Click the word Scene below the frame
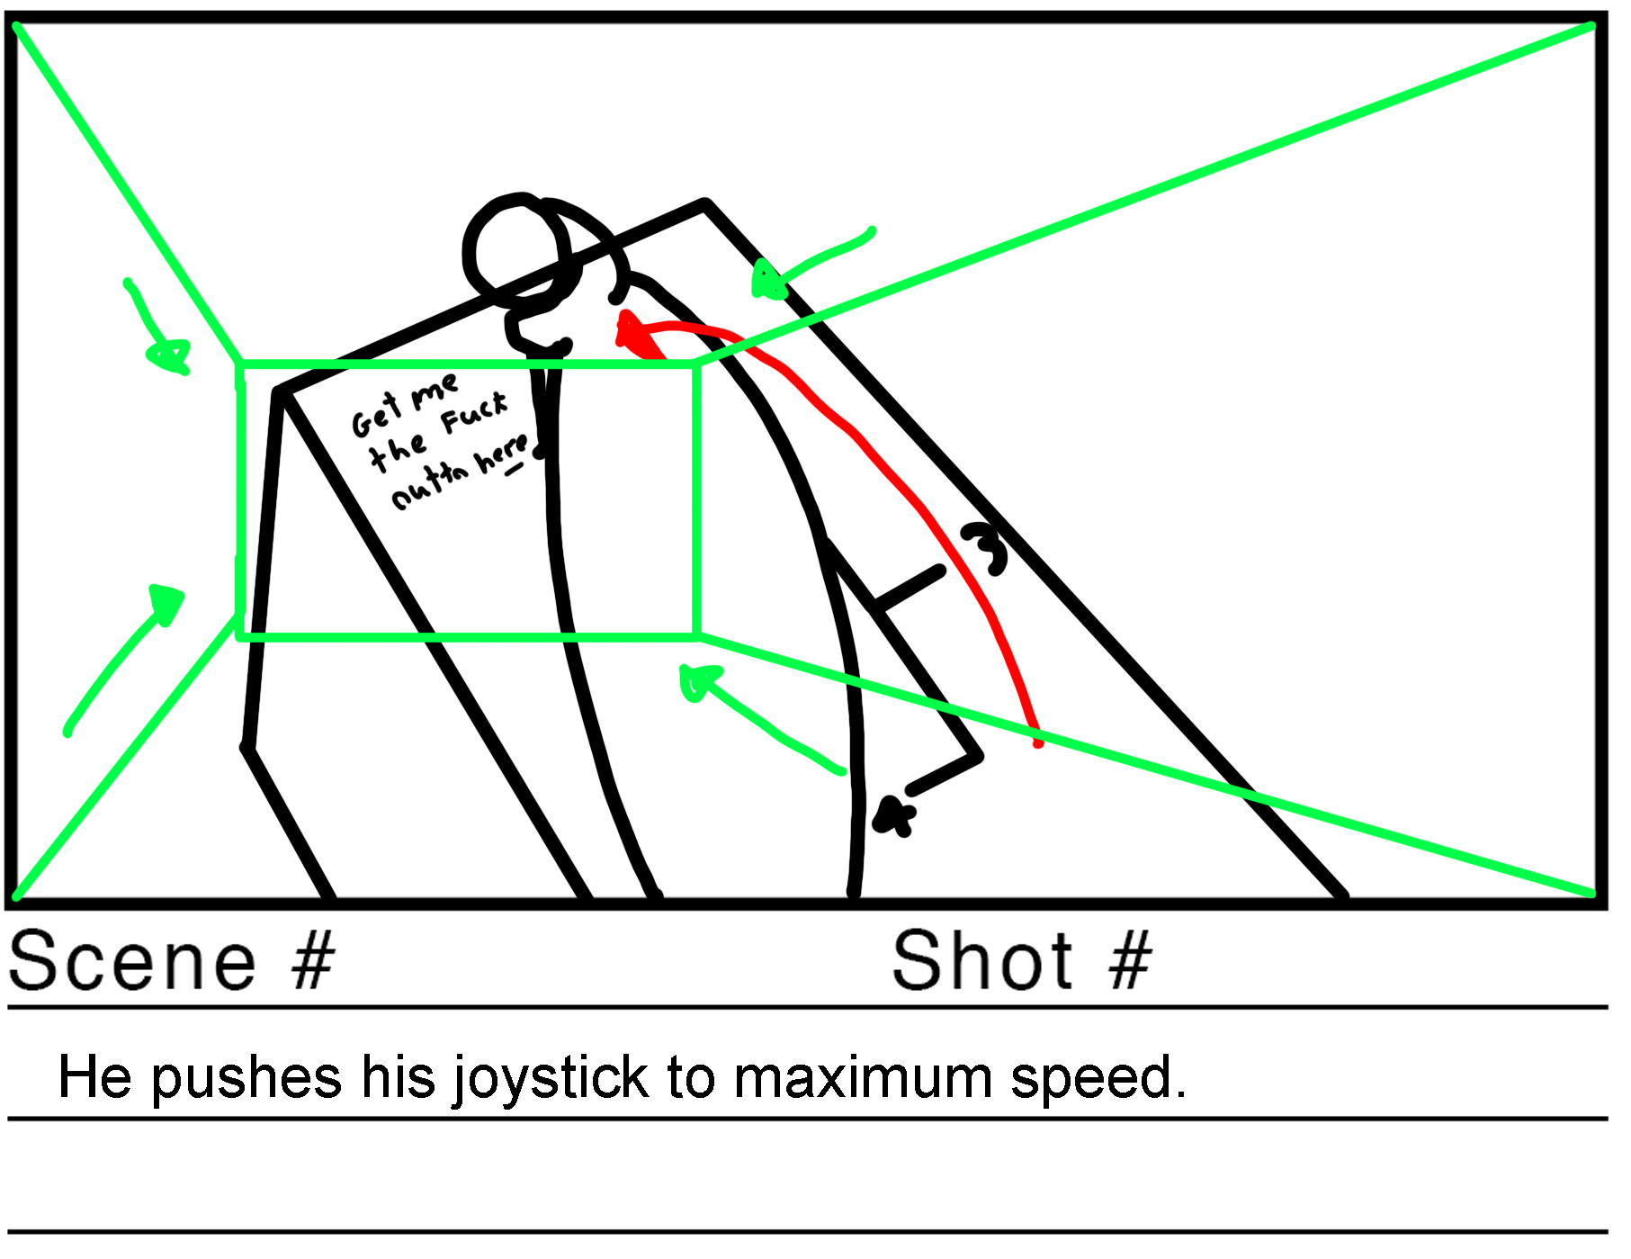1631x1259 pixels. click(133, 961)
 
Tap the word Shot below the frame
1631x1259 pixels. click(982, 961)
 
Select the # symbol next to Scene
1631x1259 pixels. click(312, 961)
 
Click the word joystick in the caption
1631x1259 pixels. click(550, 1077)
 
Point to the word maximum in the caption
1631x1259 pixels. click(862, 1077)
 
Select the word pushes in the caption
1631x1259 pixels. click(246, 1077)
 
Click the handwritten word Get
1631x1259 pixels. click(374, 417)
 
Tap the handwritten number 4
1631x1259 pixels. click(894, 817)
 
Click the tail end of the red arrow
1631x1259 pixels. click(1037, 742)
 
